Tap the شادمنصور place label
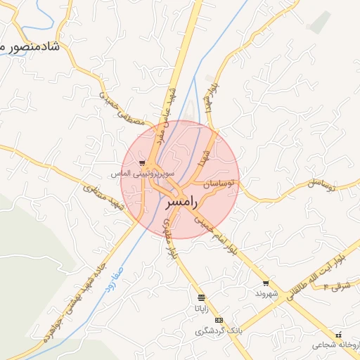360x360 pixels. [x=32, y=47]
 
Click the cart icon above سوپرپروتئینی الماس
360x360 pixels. [x=143, y=162]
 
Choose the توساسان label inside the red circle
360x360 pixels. [x=218, y=184]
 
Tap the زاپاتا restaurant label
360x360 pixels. [x=202, y=309]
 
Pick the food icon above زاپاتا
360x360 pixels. [x=202, y=298]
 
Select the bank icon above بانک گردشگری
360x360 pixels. [x=219, y=320]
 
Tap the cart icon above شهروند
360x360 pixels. [x=266, y=283]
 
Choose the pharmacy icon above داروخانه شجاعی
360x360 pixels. [x=338, y=335]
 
